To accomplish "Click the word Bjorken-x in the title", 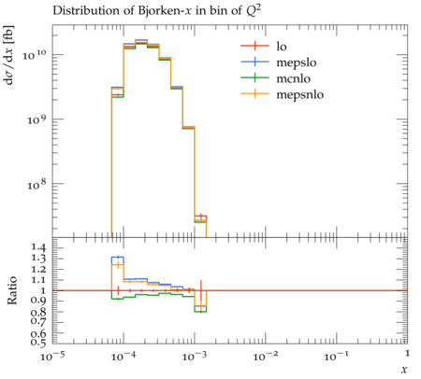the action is (x=166, y=11).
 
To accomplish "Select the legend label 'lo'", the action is (x=282, y=47).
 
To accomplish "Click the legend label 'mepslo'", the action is (x=297, y=63).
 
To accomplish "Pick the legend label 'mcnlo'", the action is (x=293, y=78).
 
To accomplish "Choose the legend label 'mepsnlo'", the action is (x=300, y=94).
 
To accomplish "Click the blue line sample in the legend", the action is (x=254, y=62).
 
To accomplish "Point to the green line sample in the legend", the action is (x=254, y=77).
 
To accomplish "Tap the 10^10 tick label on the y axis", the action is (x=34, y=54).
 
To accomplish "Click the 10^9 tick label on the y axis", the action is (x=36, y=119).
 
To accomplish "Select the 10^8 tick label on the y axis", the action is (x=36, y=185).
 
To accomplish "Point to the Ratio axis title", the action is (x=12, y=290).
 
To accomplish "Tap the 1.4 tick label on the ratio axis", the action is (x=38, y=247).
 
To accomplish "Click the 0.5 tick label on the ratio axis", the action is (x=38, y=343).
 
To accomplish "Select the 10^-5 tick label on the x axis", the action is (x=51, y=356).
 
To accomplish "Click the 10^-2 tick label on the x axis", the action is (x=265, y=356).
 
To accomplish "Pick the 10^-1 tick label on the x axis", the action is (x=336, y=356).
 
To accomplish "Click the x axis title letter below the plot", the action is (x=404, y=370).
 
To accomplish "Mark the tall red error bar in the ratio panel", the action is (x=201, y=296).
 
